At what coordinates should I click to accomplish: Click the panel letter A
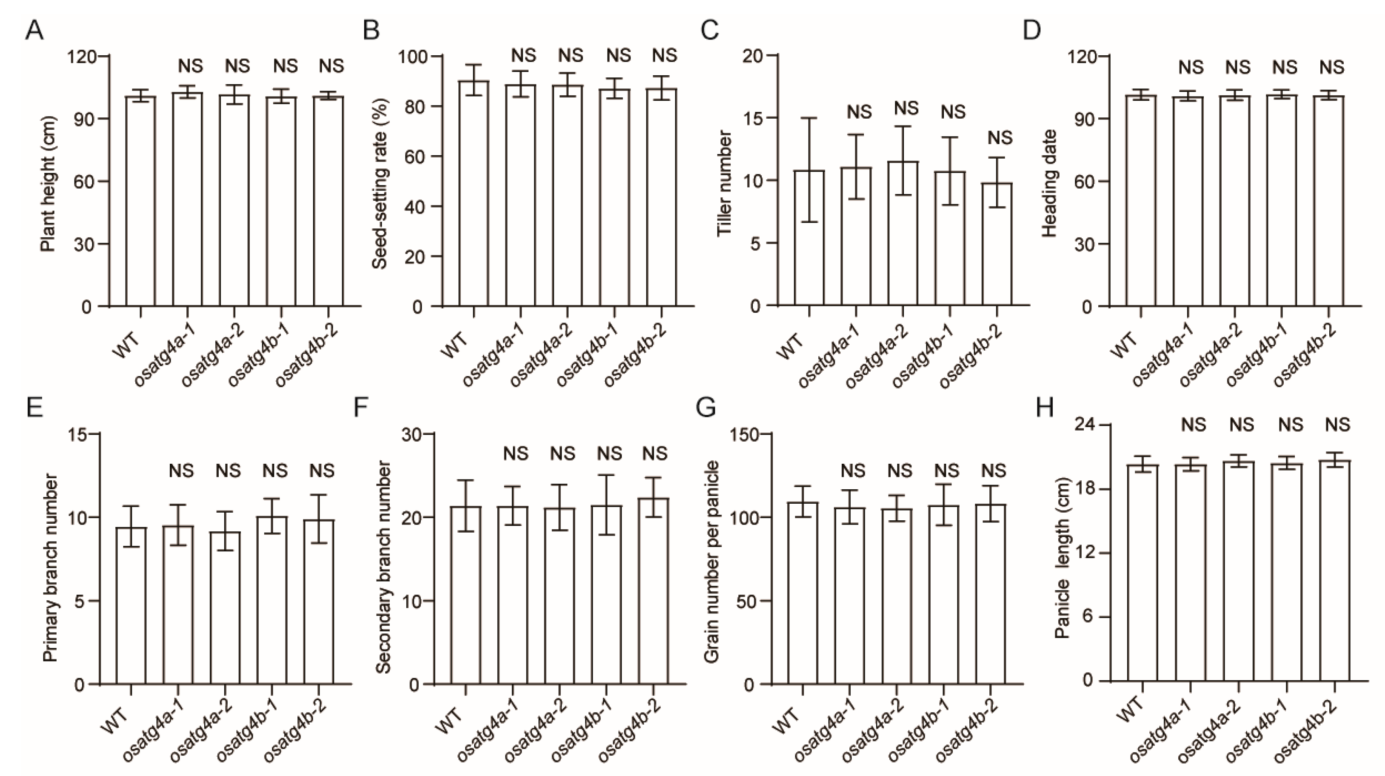click(x=34, y=30)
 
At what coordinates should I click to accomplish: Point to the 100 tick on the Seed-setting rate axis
click(x=411, y=56)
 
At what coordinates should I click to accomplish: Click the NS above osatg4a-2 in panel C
click(x=906, y=108)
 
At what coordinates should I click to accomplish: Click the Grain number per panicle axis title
click(x=711, y=562)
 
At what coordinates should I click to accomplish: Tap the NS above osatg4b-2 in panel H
click(x=1337, y=425)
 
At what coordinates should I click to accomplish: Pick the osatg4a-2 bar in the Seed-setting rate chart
click(x=568, y=196)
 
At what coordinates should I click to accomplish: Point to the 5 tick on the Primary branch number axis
click(x=80, y=601)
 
